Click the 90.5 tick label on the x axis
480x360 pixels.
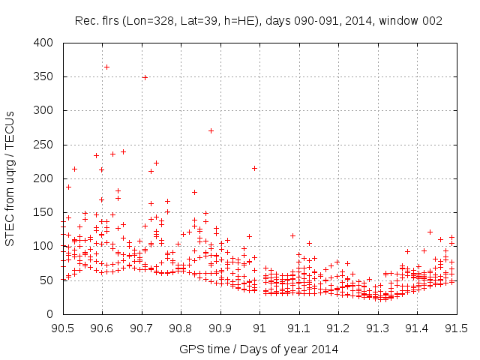62,328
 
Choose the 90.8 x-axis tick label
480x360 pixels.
181,328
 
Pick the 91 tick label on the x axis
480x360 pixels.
259,328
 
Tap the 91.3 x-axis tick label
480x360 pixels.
378,328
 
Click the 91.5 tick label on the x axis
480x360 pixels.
457,328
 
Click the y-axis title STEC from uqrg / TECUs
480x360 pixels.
10,178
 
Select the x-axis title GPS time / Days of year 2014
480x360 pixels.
259,349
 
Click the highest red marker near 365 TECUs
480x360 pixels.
106,67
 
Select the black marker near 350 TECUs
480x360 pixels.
145,77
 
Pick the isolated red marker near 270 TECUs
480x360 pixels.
211,130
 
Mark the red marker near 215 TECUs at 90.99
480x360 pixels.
255,168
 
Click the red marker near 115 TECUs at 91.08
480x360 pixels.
292,235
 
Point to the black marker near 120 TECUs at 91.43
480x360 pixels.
430,232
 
